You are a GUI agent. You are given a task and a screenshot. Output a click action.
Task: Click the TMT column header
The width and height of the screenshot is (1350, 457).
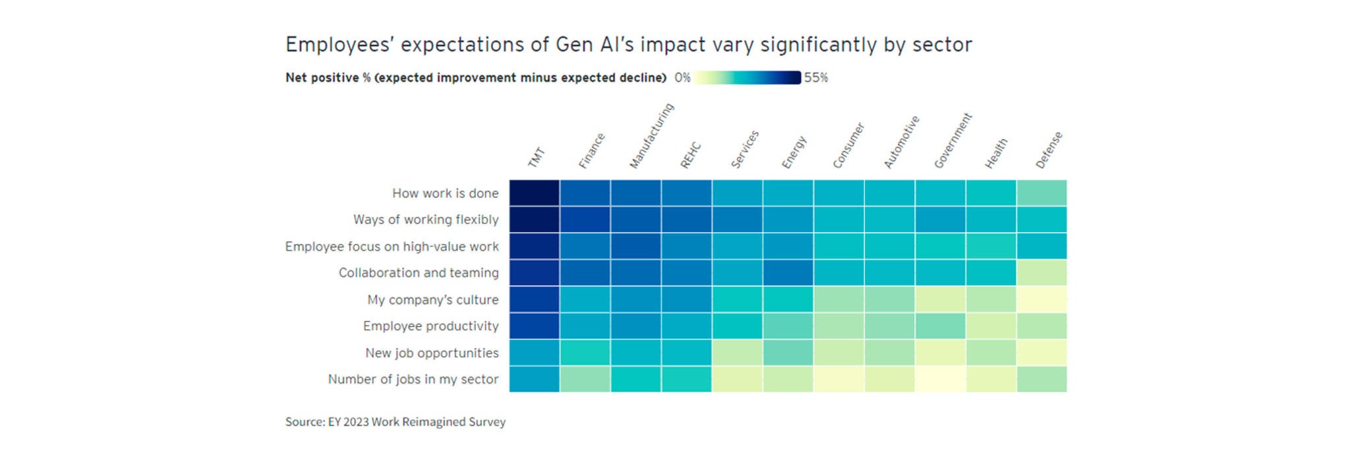click(x=537, y=158)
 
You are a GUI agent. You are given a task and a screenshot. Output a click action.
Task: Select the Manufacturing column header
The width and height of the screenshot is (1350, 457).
click(x=651, y=137)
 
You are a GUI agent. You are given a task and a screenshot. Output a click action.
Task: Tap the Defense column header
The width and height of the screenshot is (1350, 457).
click(x=1049, y=150)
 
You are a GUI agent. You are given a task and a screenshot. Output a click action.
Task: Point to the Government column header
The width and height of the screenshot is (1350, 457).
click(x=953, y=141)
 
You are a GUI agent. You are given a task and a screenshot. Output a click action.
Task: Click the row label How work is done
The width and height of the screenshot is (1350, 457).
click(x=445, y=193)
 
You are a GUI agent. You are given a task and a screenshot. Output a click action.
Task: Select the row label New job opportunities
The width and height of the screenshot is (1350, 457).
click(x=432, y=353)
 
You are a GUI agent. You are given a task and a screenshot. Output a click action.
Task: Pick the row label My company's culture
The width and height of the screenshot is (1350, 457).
click(x=432, y=300)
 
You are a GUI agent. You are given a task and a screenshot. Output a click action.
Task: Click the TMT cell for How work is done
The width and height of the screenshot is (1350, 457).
click(x=534, y=193)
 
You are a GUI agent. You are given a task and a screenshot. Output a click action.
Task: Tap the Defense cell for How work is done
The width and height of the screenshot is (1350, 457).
click(x=1042, y=193)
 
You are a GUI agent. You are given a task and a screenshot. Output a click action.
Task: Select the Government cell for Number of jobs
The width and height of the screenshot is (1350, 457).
click(x=940, y=379)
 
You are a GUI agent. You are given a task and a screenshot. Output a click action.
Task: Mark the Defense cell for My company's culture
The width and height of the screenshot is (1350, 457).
click(x=1042, y=299)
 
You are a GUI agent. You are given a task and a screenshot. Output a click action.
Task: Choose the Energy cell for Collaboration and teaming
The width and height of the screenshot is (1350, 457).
click(x=788, y=273)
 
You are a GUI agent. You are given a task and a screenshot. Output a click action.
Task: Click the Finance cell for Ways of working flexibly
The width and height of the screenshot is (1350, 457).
click(x=585, y=220)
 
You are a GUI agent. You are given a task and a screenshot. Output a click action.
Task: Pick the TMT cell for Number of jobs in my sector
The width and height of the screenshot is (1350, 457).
click(x=534, y=379)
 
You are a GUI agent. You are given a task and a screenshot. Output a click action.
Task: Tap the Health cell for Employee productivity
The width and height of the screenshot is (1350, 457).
click(x=991, y=326)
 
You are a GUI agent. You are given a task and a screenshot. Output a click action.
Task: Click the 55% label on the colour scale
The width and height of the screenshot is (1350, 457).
click(x=816, y=78)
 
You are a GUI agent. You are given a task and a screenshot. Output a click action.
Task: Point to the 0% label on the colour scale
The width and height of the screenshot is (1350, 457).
click(x=682, y=78)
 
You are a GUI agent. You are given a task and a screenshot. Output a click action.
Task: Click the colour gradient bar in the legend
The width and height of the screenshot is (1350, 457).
click(x=747, y=78)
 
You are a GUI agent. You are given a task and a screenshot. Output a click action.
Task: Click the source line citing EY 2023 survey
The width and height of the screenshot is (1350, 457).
click(x=396, y=422)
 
